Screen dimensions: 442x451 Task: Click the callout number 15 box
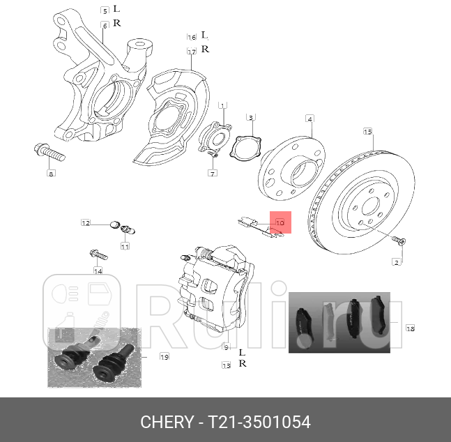(x=367, y=131)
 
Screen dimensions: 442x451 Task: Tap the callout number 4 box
(x=309, y=119)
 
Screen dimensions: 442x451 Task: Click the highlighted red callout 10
(x=281, y=222)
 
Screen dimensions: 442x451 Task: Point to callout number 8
(x=50, y=174)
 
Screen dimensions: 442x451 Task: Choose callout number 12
(x=85, y=223)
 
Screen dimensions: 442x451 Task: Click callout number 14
(x=98, y=270)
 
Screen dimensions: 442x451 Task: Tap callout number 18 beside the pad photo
(x=410, y=328)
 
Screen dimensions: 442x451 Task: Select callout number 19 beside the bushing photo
(x=165, y=357)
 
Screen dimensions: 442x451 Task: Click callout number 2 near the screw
(x=397, y=262)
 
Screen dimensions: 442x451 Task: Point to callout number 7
(x=213, y=173)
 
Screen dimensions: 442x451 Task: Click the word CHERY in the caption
(x=166, y=422)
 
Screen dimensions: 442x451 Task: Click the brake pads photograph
(x=339, y=323)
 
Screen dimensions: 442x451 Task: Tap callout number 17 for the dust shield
(x=191, y=52)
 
